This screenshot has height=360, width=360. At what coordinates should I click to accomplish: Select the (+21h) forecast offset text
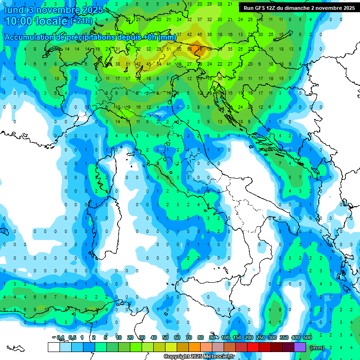(x=81, y=21)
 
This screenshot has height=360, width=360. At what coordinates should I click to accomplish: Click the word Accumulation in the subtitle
(x=32, y=37)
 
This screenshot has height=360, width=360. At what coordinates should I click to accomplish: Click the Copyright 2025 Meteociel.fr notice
(x=199, y=357)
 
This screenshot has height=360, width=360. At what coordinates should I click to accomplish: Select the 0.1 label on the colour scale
(x=60, y=338)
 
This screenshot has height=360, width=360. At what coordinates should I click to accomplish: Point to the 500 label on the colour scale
(x=307, y=338)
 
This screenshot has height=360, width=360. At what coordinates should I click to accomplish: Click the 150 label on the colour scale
(x=237, y=338)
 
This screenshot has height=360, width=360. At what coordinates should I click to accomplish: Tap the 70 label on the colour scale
(x=189, y=338)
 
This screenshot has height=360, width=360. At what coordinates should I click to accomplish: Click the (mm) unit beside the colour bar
(x=317, y=348)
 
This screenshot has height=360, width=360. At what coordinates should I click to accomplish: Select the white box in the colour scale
(x=53, y=347)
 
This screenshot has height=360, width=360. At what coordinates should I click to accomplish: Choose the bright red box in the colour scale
(x=253, y=347)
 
